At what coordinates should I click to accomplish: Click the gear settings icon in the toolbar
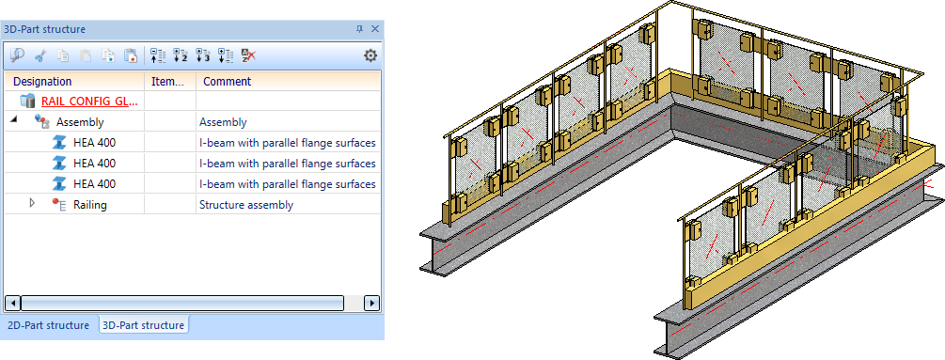pos(370,56)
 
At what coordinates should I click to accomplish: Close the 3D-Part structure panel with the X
pos(375,29)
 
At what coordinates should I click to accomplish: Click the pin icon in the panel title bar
pos(360,29)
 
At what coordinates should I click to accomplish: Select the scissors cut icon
pos(39,56)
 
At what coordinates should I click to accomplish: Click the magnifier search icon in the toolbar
pos(17,56)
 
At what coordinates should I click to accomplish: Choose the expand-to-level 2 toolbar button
pos(181,56)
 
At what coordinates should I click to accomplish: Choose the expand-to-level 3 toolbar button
pos(203,56)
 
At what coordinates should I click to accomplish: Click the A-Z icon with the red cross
pos(248,56)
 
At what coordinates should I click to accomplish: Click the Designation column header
pos(42,81)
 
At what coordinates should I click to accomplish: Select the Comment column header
pos(228,81)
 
